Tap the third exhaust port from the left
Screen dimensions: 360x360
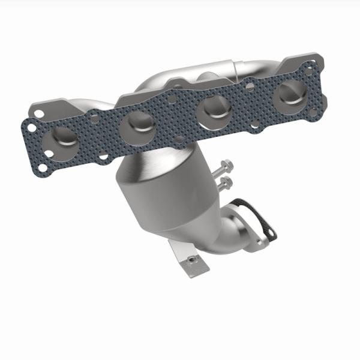pyautogui.click(x=215, y=109)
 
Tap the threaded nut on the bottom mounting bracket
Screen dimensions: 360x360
pyautogui.click(x=191, y=259)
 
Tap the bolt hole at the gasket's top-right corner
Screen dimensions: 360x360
pyautogui.click(x=310, y=70)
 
